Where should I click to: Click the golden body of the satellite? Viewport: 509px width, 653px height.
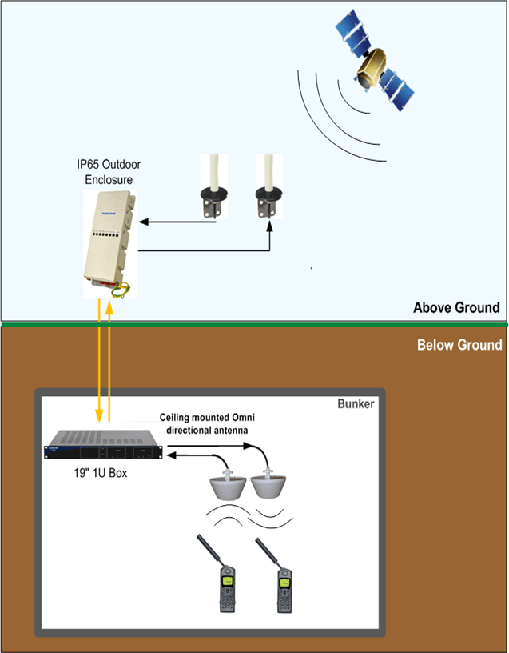(370, 67)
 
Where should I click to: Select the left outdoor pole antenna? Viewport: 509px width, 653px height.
(214, 186)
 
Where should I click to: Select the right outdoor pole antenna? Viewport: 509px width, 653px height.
(268, 186)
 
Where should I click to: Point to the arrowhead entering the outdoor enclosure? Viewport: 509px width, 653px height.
(144, 222)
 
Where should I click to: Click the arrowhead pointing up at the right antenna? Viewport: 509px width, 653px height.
(270, 226)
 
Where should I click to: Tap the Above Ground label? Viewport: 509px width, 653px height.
(456, 308)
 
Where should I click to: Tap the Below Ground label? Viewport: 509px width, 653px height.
(459, 345)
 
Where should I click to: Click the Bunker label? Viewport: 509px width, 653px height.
(356, 403)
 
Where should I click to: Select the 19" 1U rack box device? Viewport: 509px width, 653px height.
(103, 444)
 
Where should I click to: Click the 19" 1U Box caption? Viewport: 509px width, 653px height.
(101, 473)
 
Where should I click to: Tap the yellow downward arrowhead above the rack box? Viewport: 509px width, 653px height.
(99, 415)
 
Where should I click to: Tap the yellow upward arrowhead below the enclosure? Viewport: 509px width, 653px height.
(109, 307)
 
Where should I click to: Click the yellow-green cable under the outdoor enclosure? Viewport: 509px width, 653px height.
(121, 290)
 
